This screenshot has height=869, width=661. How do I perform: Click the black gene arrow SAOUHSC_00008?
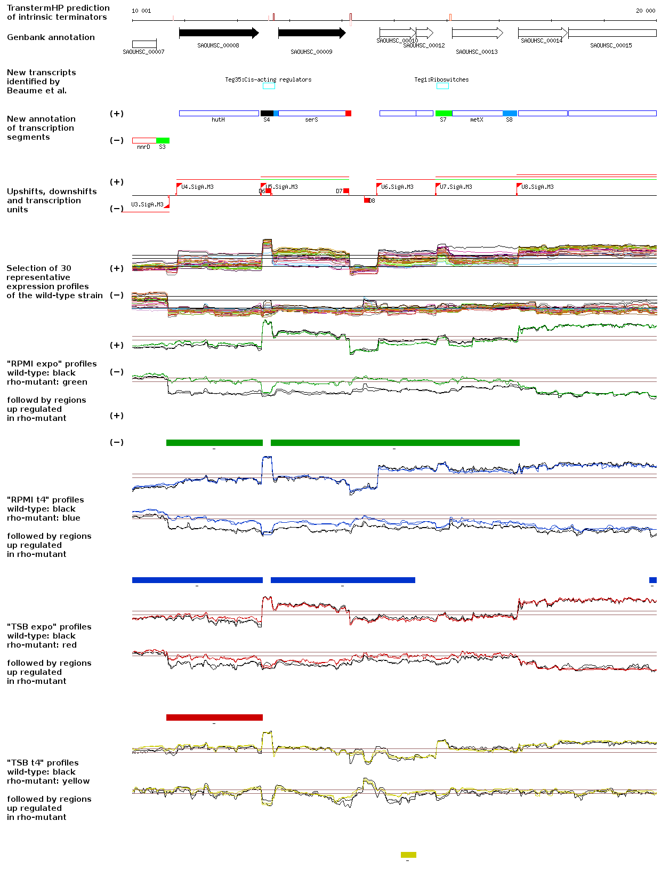click(x=219, y=33)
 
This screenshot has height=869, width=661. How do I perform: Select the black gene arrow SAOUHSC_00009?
click(x=311, y=33)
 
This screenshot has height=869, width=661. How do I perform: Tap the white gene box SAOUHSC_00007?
click(x=144, y=44)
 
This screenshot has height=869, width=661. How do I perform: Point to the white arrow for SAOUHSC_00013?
click(x=477, y=33)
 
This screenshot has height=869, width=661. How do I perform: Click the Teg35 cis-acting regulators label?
click(x=268, y=79)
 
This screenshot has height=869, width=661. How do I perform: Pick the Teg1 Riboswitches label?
click(x=441, y=79)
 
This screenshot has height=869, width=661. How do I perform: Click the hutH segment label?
click(x=218, y=120)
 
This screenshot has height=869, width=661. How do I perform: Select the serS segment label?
click(x=311, y=120)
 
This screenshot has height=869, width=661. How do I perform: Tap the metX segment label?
click(x=477, y=120)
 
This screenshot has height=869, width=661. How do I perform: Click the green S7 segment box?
click(x=444, y=114)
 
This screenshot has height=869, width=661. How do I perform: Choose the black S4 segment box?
click(x=267, y=114)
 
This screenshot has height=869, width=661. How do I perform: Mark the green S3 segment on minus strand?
click(x=163, y=141)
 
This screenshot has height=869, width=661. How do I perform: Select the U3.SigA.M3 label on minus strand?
click(x=147, y=204)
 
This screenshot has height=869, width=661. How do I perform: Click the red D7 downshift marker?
click(x=346, y=191)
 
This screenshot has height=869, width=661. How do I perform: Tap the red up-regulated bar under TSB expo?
click(x=214, y=717)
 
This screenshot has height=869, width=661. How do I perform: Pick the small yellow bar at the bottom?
click(x=408, y=855)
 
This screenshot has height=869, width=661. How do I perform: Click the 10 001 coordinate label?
click(x=141, y=11)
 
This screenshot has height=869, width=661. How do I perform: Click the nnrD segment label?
click(x=143, y=147)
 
